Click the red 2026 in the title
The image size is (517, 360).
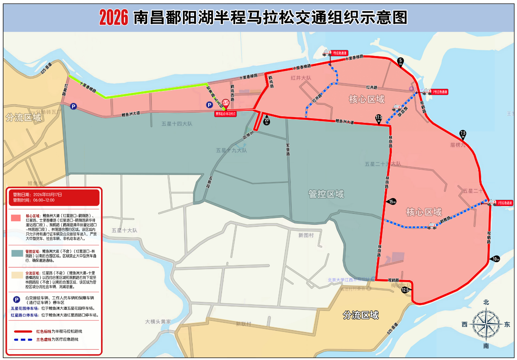[x=113, y=18]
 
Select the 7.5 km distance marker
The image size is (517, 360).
[x=463, y=134]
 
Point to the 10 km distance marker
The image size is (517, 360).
[x=495, y=259]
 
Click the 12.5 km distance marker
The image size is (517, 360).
[x=406, y=290]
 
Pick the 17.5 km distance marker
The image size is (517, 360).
[x=379, y=119]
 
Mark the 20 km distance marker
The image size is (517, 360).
[x=267, y=120]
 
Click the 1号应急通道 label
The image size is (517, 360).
[x=339, y=53]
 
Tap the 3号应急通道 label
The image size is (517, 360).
[x=505, y=203]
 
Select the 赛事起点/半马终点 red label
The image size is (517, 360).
[x=226, y=114]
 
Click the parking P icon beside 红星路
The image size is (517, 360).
[x=74, y=107]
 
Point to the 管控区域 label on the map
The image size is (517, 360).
[x=326, y=194]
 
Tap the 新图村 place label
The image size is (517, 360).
[x=306, y=235]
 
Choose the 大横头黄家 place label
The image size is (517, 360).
[x=158, y=322]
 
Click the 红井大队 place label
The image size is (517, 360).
[x=301, y=78]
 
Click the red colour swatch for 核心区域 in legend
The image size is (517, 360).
[x=16, y=218]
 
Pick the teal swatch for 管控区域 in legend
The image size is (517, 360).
[x=17, y=253]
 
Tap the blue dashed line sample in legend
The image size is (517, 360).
[x=23, y=339]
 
